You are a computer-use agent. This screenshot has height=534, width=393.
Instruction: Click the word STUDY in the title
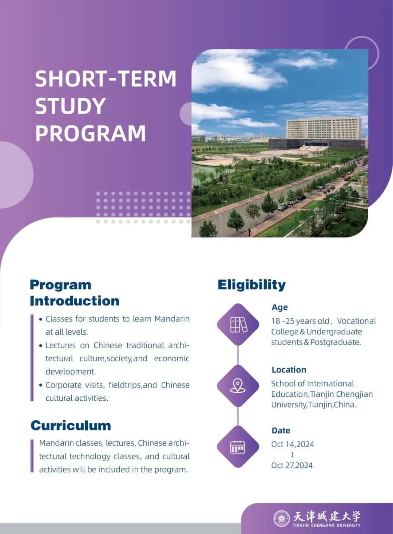tap(70, 106)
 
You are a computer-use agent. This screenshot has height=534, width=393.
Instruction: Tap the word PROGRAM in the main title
tap(90, 133)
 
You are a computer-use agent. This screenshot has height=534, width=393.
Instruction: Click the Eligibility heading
tap(251, 285)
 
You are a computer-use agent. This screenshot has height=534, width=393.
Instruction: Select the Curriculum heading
tap(71, 425)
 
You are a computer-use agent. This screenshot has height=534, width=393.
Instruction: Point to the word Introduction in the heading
tap(75, 301)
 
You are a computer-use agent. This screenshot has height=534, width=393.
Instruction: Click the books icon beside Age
tap(238, 324)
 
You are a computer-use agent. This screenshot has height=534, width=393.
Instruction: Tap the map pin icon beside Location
tap(238, 385)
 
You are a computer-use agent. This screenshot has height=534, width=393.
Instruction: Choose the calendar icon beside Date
tap(238, 447)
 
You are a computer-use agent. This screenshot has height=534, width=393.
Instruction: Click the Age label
tap(279, 307)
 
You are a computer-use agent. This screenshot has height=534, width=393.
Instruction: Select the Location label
tap(289, 370)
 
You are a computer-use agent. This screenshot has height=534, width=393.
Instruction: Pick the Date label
tap(281, 431)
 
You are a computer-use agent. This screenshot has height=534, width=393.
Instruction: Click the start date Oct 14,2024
tap(293, 444)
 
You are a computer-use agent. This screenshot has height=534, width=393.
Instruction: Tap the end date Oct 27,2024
tap(292, 466)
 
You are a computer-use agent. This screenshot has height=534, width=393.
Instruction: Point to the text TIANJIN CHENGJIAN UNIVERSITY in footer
tap(326, 526)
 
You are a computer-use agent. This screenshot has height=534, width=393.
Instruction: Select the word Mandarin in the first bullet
tap(172, 319)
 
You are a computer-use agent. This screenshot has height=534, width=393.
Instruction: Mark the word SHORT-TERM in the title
tap(106, 79)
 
